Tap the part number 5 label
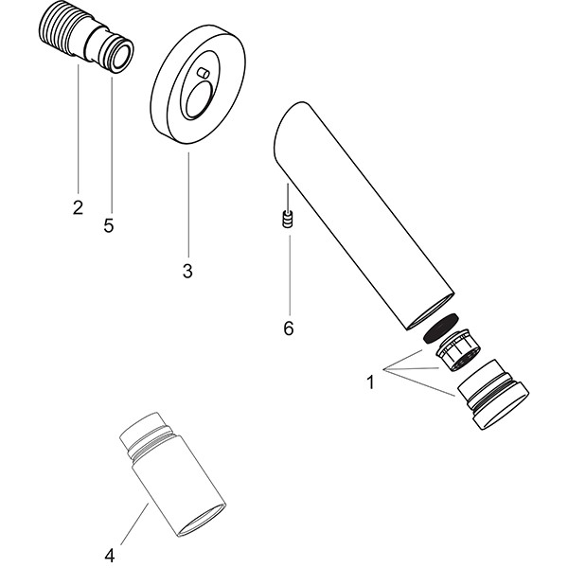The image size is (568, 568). [109, 226]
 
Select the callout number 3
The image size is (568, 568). [187, 271]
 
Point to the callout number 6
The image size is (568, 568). [289, 328]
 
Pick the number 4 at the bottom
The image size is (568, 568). [110, 555]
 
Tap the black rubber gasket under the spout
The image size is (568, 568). [442, 328]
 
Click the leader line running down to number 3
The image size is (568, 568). [187, 204]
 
